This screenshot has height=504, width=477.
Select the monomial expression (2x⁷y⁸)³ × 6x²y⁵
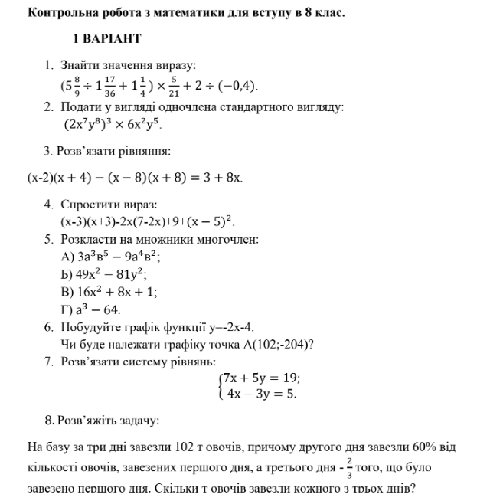[x=113, y=123]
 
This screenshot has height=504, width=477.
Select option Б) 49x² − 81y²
[x=104, y=274]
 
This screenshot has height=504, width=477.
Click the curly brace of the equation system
[x=221, y=386]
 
